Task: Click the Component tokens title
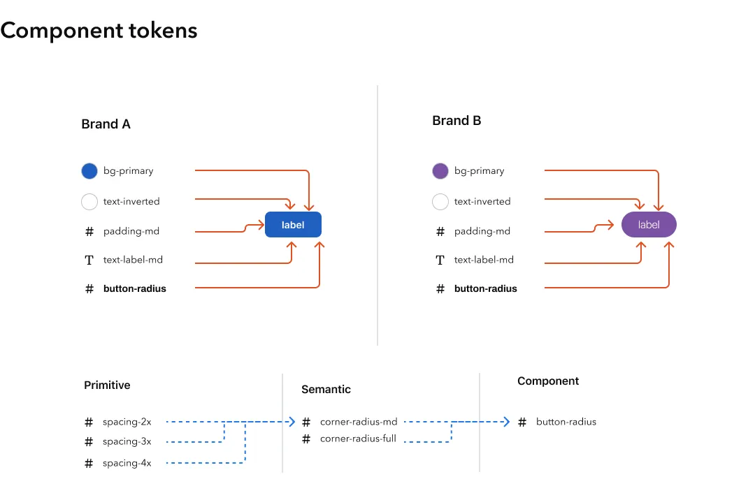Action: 99,31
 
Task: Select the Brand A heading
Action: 106,124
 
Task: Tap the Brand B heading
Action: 456,121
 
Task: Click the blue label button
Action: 293,225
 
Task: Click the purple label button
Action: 649,225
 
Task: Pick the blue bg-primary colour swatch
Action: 89,171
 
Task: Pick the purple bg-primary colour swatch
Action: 440,171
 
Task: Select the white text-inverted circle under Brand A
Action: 89,202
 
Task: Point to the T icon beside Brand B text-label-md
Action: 440,260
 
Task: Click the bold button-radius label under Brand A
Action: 134,288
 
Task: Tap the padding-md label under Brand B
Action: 482,231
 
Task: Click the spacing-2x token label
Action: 127,422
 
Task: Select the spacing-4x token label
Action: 127,463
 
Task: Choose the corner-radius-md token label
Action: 358,422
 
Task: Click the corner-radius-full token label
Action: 358,439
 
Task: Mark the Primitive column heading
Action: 107,385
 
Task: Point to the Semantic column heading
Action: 326,390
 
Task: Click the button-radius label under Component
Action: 566,422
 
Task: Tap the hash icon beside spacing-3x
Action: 89,442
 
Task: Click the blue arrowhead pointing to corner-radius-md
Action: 292,422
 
